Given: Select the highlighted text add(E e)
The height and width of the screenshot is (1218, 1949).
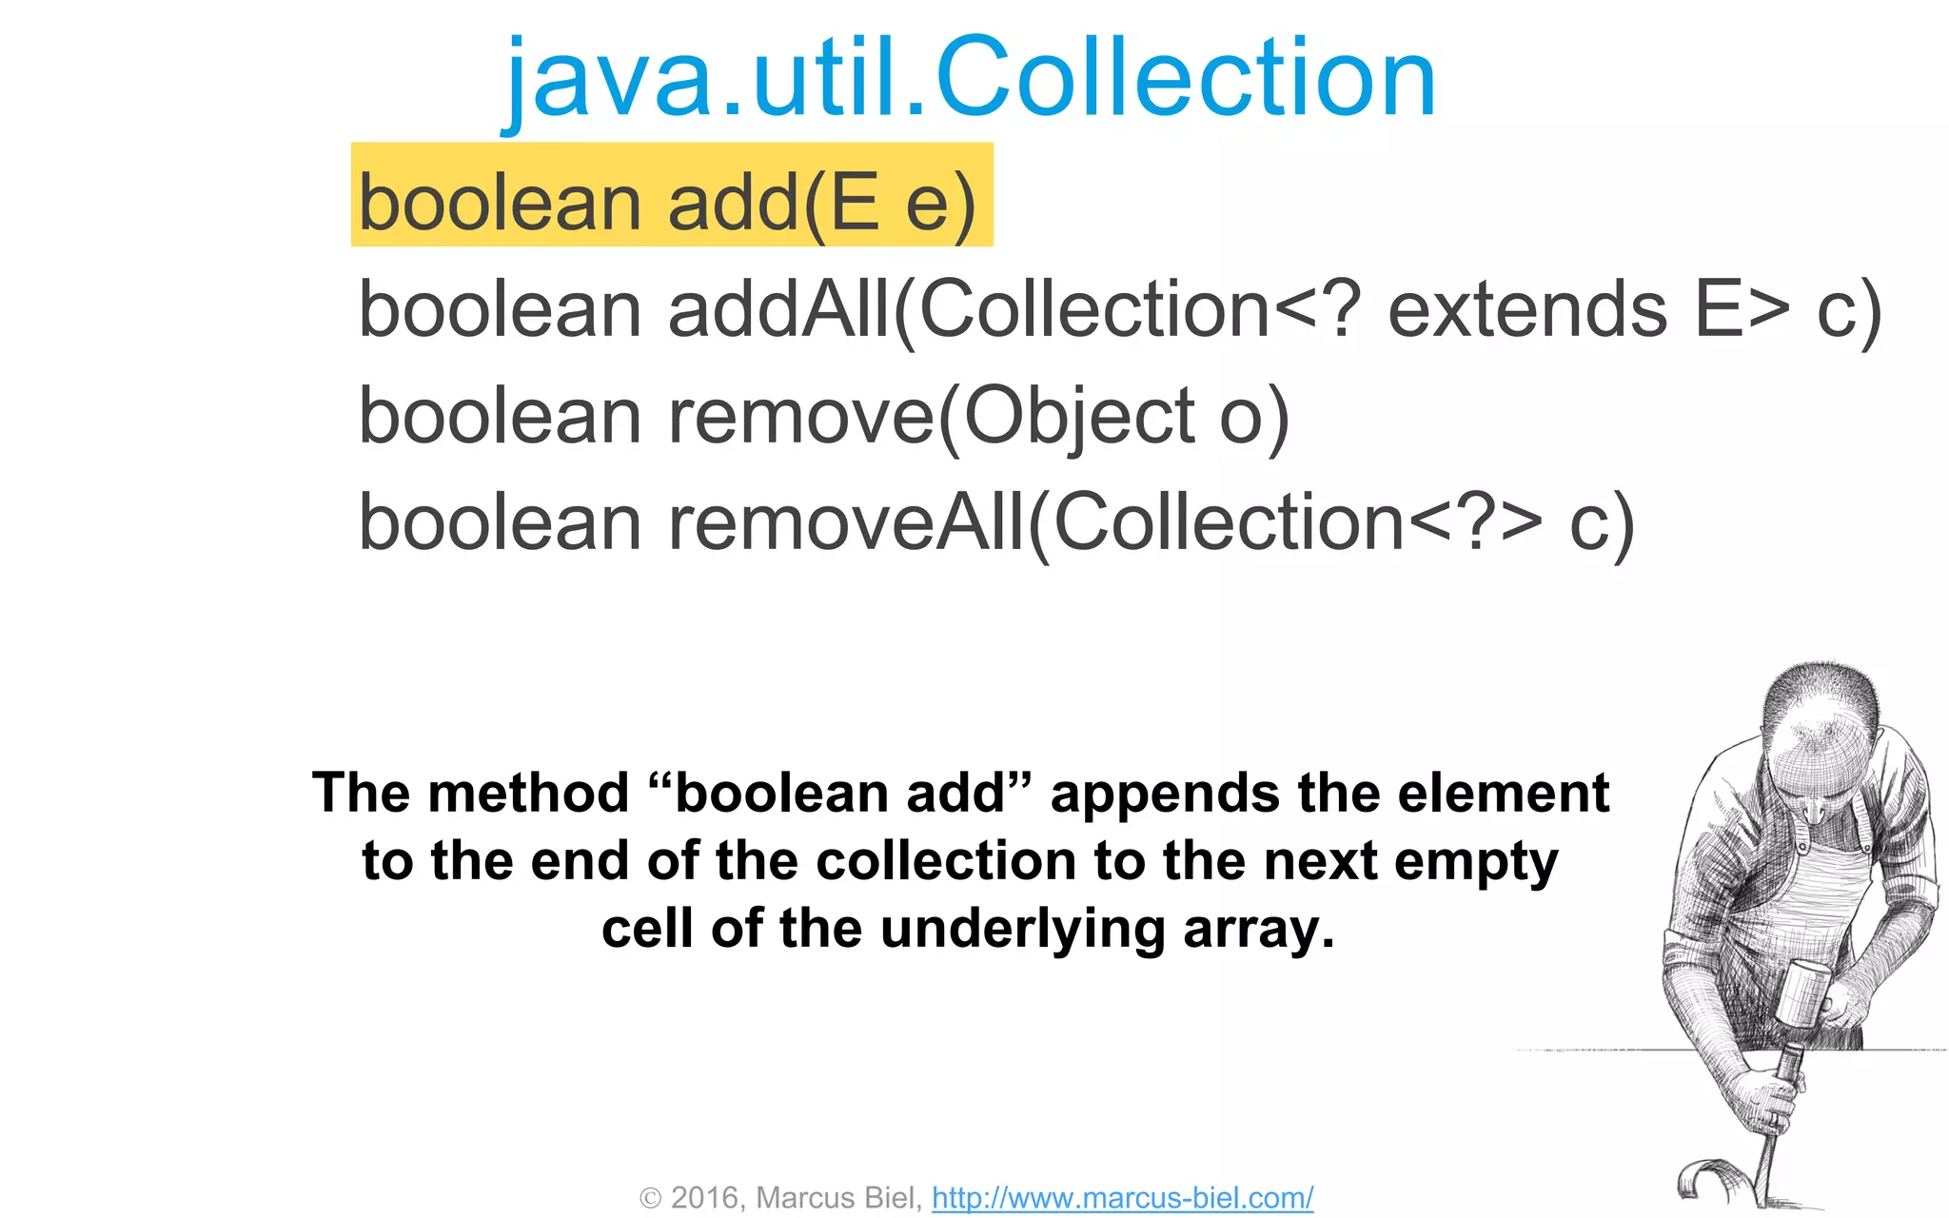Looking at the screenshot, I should (821, 203).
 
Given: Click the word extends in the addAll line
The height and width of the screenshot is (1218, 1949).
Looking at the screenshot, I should (1526, 310).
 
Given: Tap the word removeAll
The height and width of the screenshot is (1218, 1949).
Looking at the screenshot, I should (846, 523).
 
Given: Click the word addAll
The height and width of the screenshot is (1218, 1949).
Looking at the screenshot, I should (778, 310).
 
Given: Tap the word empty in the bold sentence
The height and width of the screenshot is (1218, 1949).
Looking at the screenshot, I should (1475, 862).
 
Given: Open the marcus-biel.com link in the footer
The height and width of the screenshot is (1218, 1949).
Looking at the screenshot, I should (1122, 1197).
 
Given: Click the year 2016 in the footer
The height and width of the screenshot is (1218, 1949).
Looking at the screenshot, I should (704, 1197).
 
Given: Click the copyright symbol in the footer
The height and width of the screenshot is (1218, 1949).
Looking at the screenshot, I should (651, 1198).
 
